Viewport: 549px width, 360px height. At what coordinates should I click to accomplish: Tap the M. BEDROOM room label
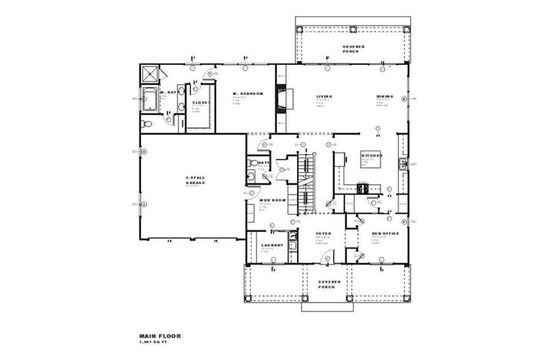pos(248,93)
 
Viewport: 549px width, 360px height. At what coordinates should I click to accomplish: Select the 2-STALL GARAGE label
pos(195,180)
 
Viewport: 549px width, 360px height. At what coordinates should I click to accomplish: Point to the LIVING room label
pos(324,96)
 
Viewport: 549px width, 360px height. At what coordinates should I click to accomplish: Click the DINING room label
pos(386,96)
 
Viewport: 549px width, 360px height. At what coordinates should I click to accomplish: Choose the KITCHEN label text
pos(372,156)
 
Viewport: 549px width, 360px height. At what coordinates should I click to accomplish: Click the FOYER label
pos(323,234)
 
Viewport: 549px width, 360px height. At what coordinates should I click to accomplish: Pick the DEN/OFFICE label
pos(385,234)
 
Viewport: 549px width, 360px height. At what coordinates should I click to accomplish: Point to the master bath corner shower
pos(150,73)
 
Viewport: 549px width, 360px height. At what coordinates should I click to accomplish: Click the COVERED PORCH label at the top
pos(354,48)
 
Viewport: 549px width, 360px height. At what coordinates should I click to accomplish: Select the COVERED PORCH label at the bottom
pos(329,285)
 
